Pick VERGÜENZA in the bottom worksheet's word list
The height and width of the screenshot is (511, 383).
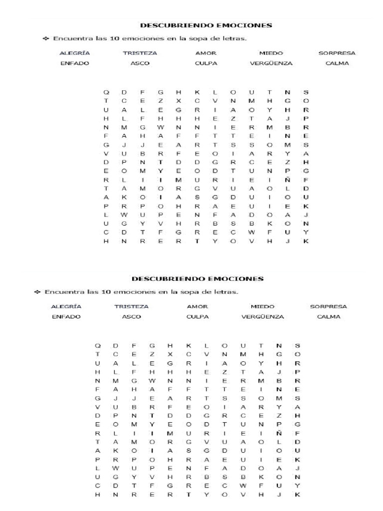tap(263, 316)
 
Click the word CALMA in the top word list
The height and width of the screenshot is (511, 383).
tap(337, 63)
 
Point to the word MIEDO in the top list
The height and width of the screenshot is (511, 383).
tap(271, 53)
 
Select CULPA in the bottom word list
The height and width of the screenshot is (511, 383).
tap(197, 316)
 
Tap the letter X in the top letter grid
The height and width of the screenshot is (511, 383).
tap(179, 101)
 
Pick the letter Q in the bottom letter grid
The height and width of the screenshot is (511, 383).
tap(98, 345)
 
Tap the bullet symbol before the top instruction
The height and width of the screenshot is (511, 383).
tap(45, 38)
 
